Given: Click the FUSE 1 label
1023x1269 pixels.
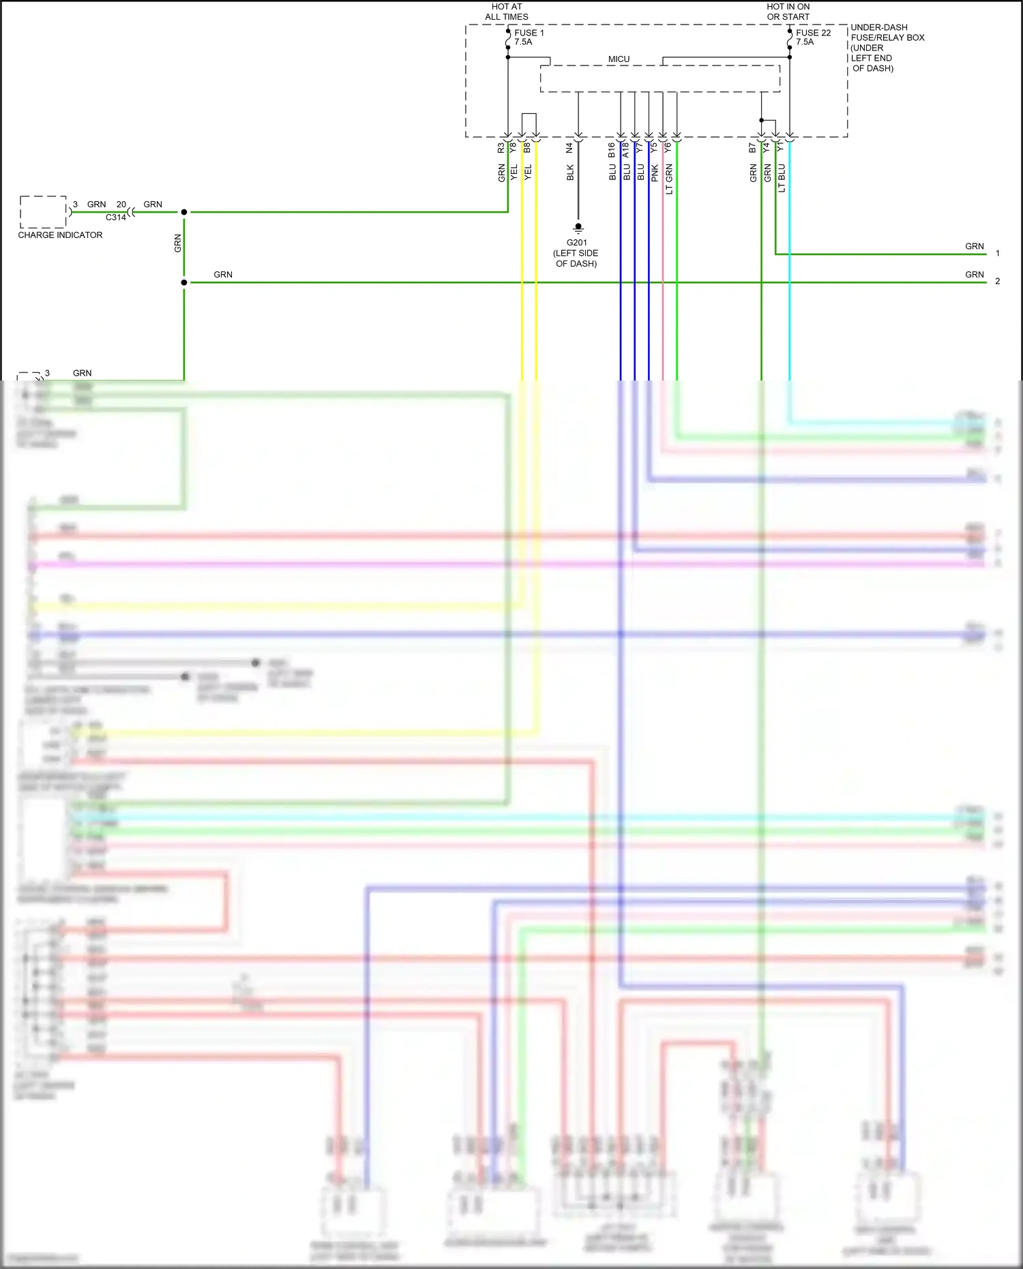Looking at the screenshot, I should pyautogui.click(x=529, y=33).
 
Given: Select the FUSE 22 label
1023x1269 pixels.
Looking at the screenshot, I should pyautogui.click(x=813, y=33).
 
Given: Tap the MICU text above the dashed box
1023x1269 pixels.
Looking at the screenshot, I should pyautogui.click(x=619, y=59).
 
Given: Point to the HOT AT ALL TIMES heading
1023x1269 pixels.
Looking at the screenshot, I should pyautogui.click(x=507, y=12).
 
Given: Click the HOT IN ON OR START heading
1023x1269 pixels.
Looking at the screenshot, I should pyautogui.click(x=788, y=12).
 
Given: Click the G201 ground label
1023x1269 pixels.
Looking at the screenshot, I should pyautogui.click(x=576, y=243).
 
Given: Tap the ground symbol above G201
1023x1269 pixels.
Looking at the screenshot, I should pyautogui.click(x=578, y=228).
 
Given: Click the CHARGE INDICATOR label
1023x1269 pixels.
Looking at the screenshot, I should pyautogui.click(x=60, y=235).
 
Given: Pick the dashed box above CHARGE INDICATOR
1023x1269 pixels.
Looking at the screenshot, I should pyautogui.click(x=43, y=211).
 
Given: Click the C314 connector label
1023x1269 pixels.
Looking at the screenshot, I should pyautogui.click(x=115, y=218).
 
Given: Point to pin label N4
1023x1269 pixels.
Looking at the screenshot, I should pyautogui.click(x=569, y=147).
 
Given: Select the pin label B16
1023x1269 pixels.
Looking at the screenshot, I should pyautogui.click(x=612, y=149).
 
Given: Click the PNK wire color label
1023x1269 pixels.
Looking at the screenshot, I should pyautogui.click(x=655, y=173).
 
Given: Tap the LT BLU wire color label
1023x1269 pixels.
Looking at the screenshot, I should pyautogui.click(x=782, y=178).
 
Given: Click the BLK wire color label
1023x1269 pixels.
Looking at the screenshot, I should pyautogui.click(x=570, y=173).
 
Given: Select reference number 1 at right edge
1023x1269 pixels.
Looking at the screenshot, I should pyautogui.click(x=997, y=253).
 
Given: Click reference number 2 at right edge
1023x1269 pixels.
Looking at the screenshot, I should pyautogui.click(x=997, y=281).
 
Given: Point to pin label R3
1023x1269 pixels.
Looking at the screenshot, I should pyautogui.click(x=501, y=147).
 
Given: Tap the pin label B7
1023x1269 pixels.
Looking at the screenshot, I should pyautogui.click(x=753, y=147).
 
